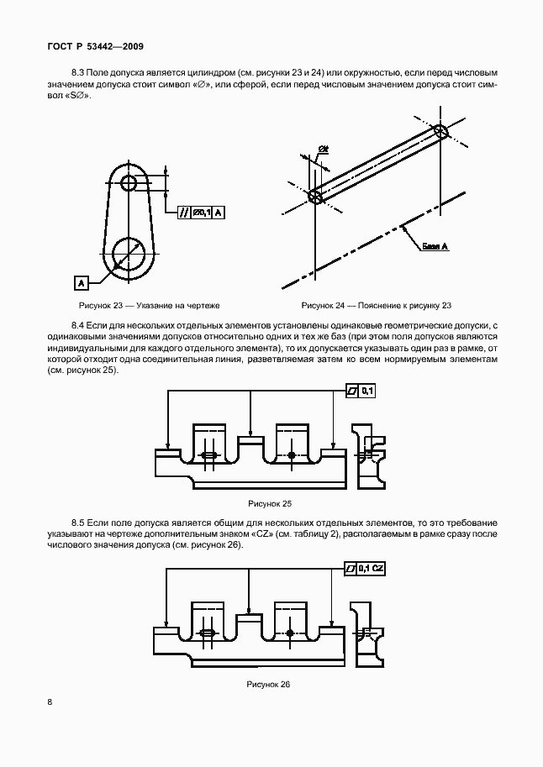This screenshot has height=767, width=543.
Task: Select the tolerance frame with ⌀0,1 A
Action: coord(202,213)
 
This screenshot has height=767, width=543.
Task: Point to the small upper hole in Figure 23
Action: coord(129,183)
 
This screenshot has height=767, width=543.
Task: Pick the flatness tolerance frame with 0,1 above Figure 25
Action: coord(361,391)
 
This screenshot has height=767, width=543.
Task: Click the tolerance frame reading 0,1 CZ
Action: coord(366,569)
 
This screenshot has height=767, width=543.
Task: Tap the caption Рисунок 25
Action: coord(269,503)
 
